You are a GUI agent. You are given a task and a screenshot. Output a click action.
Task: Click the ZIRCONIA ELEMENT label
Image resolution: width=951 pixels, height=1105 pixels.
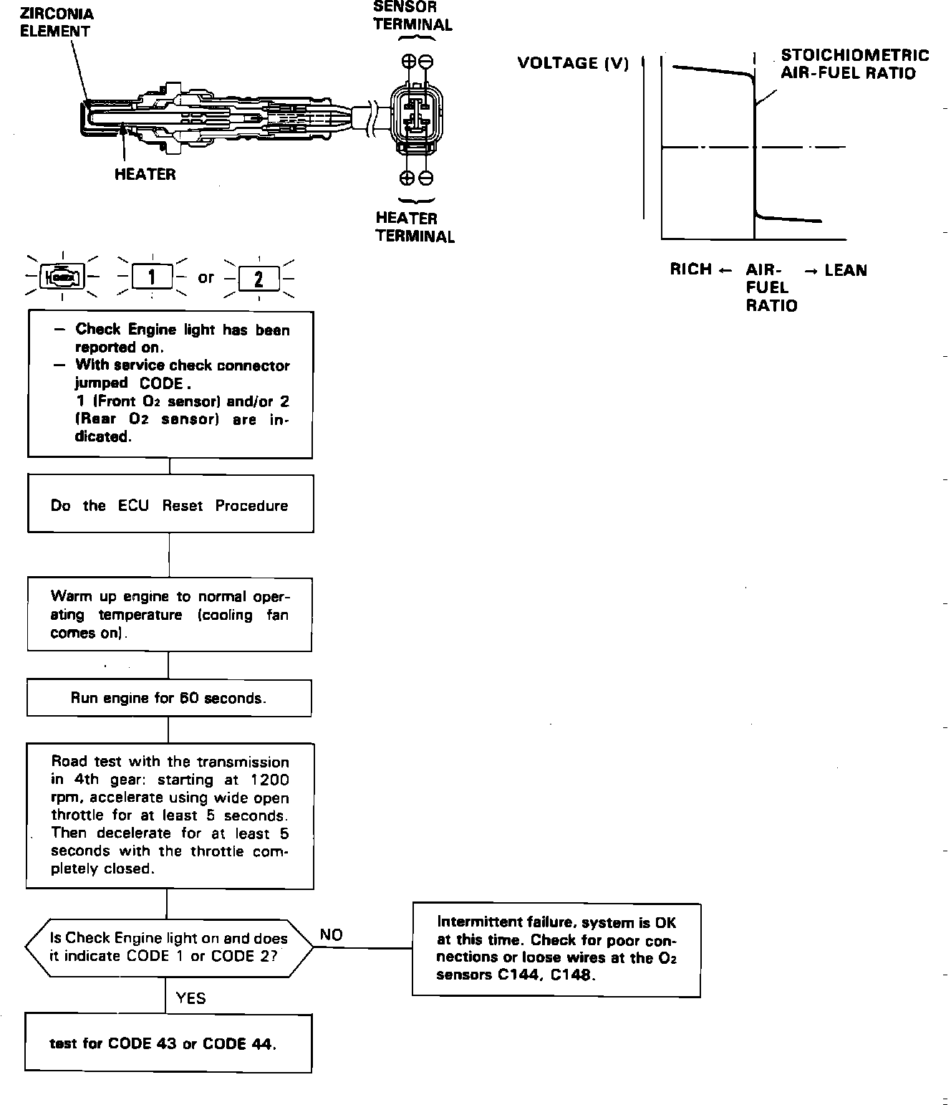pyautogui.click(x=57, y=22)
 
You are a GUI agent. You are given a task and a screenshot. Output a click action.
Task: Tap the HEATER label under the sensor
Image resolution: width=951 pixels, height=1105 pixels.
pyautogui.click(x=145, y=174)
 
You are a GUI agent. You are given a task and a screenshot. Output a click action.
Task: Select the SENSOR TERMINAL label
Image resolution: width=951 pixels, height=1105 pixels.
pyautogui.click(x=412, y=16)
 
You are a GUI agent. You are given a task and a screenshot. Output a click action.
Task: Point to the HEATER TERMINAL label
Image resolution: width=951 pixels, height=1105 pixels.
pyautogui.click(x=415, y=227)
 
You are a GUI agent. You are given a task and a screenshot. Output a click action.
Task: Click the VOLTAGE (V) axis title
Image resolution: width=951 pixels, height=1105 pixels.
pyautogui.click(x=573, y=63)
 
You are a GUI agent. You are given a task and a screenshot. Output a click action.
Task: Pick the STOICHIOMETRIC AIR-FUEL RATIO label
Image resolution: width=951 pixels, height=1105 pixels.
pyautogui.click(x=854, y=64)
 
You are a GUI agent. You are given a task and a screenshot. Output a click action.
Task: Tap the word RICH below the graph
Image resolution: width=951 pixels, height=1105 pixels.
pyautogui.click(x=691, y=269)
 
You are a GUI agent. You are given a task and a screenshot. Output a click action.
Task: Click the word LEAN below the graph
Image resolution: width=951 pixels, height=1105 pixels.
pyautogui.click(x=845, y=270)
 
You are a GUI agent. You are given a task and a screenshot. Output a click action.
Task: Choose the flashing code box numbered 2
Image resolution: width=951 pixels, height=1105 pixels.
pyautogui.click(x=259, y=277)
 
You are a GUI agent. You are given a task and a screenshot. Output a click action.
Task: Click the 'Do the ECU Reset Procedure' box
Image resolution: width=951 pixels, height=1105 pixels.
pyautogui.click(x=170, y=504)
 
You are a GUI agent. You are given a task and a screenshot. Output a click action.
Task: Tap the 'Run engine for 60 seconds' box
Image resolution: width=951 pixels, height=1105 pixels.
pyautogui.click(x=169, y=698)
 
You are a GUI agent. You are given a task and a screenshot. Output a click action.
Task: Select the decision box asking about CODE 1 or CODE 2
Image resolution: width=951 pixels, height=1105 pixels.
pyautogui.click(x=169, y=947)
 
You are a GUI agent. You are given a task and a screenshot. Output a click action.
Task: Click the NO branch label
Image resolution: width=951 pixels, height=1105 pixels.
pyautogui.click(x=331, y=934)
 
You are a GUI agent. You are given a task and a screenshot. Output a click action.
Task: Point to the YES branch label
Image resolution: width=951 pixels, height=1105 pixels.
pyautogui.click(x=190, y=998)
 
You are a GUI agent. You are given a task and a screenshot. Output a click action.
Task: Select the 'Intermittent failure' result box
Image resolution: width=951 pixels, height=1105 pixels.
pyautogui.click(x=556, y=949)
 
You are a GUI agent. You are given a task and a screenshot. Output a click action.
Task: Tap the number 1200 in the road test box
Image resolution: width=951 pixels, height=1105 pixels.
pyautogui.click(x=270, y=780)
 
